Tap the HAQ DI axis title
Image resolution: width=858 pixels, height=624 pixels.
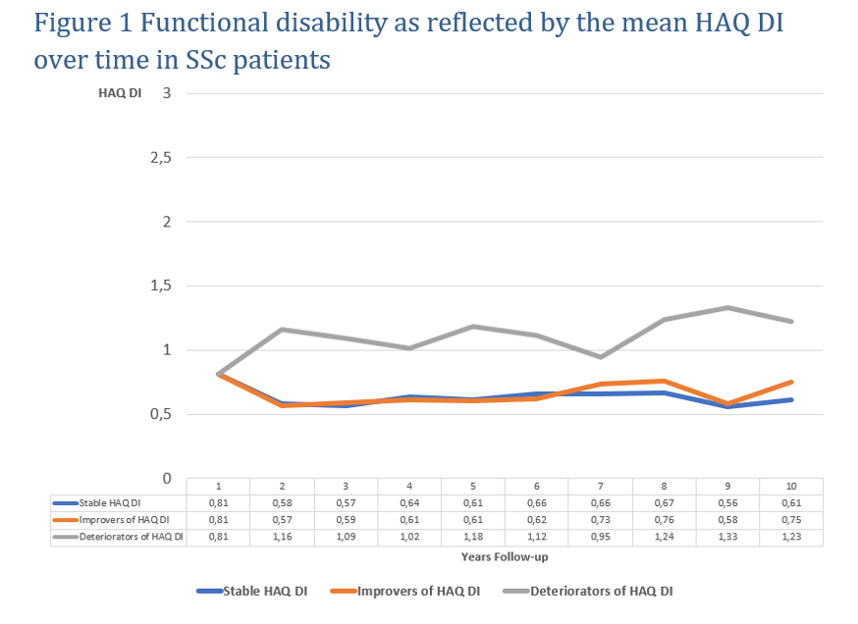115,94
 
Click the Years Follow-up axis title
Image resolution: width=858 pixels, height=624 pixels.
505,556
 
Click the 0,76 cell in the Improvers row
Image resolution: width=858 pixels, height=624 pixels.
665,519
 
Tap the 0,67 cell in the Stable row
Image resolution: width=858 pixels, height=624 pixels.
665,502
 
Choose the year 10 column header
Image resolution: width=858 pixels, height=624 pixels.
791,486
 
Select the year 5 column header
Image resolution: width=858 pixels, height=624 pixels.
473,486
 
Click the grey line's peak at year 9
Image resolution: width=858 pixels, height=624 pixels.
727,308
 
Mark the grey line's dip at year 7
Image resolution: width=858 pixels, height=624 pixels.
601,356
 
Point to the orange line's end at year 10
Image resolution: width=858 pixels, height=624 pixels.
791,382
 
